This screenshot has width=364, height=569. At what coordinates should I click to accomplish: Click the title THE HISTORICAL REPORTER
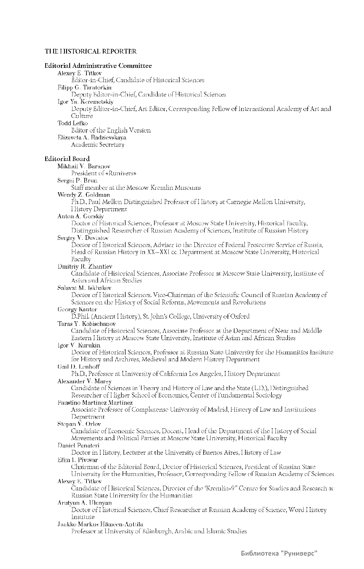[x=91, y=51]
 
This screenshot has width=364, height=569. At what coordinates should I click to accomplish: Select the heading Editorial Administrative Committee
[x=98, y=66]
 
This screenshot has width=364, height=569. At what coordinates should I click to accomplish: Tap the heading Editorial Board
[x=67, y=159]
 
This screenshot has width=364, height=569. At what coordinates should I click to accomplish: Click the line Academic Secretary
[x=97, y=145]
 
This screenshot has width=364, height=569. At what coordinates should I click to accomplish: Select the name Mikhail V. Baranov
[x=84, y=166]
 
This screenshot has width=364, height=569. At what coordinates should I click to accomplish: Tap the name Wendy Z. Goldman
[x=84, y=195]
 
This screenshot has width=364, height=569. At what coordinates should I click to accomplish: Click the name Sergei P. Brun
[x=77, y=180]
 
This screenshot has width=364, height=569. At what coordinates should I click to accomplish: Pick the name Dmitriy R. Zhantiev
[x=85, y=266]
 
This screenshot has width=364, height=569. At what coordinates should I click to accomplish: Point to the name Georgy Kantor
[x=77, y=310]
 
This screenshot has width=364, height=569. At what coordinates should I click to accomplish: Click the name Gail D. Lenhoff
[x=79, y=367]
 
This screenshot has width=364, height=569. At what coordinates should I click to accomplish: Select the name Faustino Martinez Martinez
[x=95, y=403]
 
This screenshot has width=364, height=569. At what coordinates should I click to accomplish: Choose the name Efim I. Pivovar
[x=78, y=460]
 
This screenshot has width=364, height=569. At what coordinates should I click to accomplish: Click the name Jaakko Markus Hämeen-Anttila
[x=100, y=524]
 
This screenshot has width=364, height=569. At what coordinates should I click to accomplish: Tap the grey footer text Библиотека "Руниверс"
[x=279, y=554]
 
